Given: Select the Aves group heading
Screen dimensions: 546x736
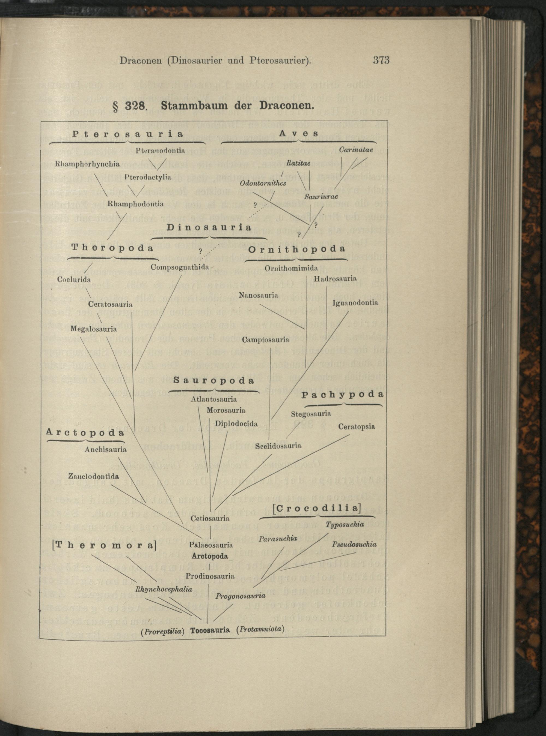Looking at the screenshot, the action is coord(299,133).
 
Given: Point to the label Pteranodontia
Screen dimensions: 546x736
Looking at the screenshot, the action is coord(160,151).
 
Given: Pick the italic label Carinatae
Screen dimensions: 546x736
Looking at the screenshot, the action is coord(356,149).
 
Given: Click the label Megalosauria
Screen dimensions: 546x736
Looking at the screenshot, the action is coord(94,329).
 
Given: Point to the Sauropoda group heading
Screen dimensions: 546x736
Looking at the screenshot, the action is coord(214,380).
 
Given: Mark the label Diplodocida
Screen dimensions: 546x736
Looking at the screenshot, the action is coord(236,423).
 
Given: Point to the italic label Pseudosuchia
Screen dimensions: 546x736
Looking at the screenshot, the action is coord(354,544).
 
